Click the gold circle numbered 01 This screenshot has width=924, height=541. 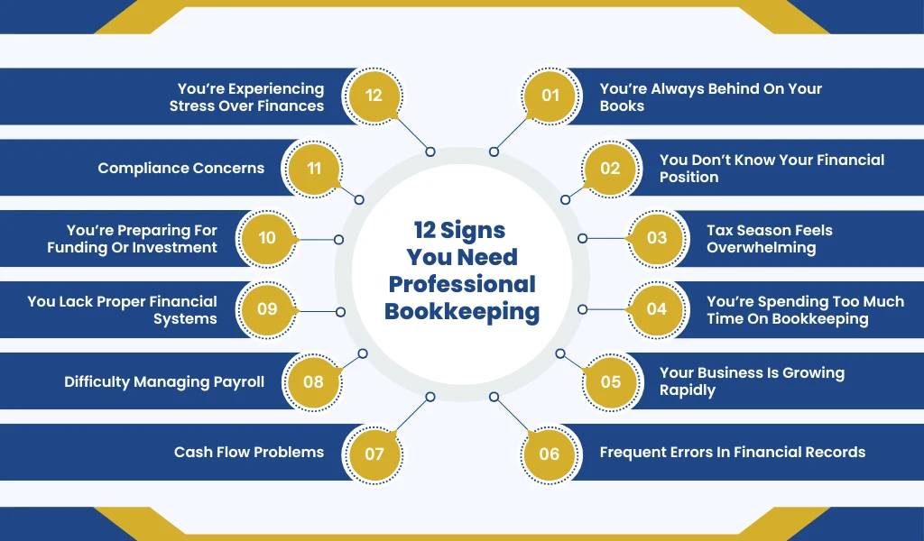click(x=550, y=96)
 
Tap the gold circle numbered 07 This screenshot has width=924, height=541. click(x=374, y=454)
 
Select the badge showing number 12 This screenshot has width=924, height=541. click(x=374, y=96)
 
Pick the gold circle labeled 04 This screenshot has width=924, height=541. click(x=657, y=309)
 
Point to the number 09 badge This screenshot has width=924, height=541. click(x=267, y=309)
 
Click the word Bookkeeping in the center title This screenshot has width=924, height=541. click(x=462, y=312)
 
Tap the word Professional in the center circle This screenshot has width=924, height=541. click(x=462, y=284)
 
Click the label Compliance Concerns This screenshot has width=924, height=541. click(x=180, y=168)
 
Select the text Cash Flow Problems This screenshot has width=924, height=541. click(x=249, y=452)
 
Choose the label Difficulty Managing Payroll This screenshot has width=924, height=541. click(x=164, y=382)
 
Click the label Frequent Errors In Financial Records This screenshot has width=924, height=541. click(x=733, y=452)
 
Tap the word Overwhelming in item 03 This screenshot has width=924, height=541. click(x=762, y=248)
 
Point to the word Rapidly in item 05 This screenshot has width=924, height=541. click(x=687, y=390)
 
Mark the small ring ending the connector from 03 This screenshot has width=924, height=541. click(x=582, y=238)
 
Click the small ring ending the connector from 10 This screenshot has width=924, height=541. click(x=339, y=240)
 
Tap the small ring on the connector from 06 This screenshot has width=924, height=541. click(x=494, y=397)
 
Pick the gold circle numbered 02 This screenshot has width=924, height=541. click(x=611, y=169)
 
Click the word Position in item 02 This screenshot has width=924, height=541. click(x=688, y=178)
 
